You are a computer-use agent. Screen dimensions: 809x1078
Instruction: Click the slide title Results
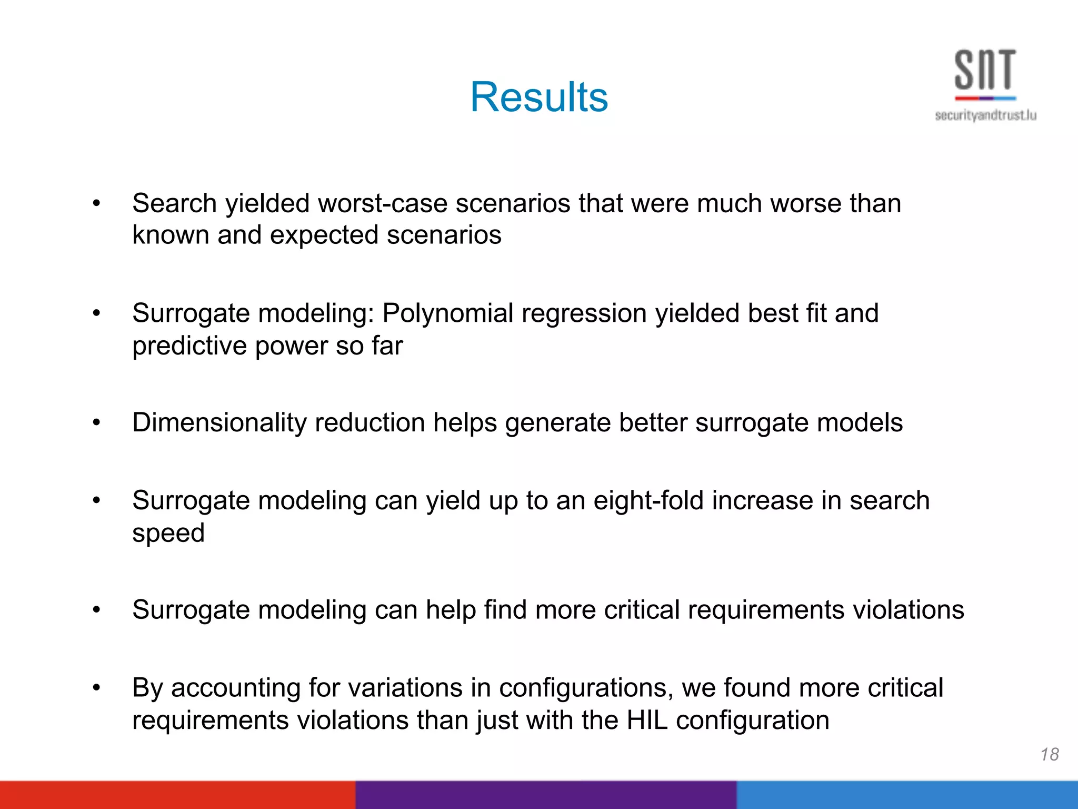[539, 97]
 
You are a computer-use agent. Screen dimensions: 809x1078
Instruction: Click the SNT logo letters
[985, 70]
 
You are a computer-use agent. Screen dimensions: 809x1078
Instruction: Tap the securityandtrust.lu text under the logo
[985, 115]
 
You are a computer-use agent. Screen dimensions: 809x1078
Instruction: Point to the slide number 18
[1050, 754]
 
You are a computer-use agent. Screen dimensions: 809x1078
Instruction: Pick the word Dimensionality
[219, 422]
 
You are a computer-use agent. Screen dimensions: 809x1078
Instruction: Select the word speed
[168, 533]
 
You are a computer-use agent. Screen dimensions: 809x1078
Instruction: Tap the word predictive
[189, 347]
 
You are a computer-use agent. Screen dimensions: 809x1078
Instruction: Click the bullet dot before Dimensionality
[96, 422]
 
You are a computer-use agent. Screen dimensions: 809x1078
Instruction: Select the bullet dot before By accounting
[96, 688]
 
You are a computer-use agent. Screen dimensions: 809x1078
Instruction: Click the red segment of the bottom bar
[177, 795]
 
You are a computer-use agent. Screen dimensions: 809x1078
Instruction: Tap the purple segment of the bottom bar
[546, 795]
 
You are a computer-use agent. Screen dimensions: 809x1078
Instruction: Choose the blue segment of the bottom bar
[907, 795]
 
